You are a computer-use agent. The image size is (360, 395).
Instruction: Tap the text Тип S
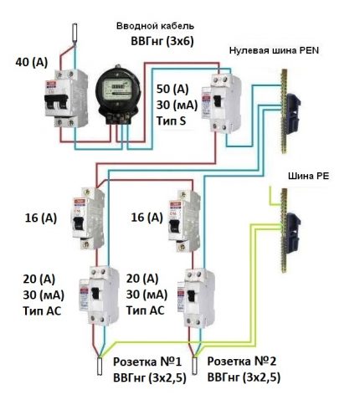pyautogui.click(x=173, y=121)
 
